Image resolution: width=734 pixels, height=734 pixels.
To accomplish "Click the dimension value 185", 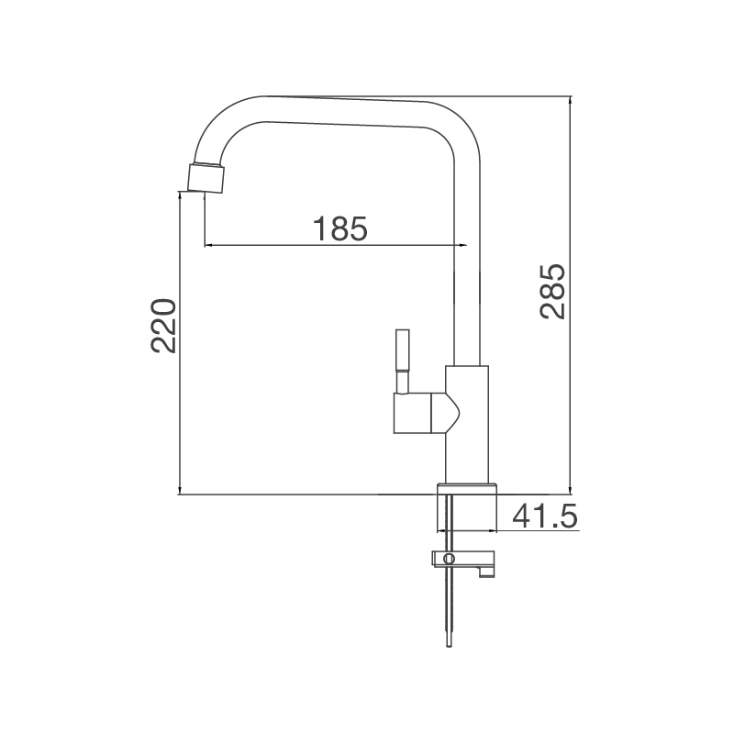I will [340, 228].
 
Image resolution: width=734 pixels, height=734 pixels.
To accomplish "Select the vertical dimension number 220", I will [163, 326].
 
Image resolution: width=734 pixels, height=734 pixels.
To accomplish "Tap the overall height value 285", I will [552, 291].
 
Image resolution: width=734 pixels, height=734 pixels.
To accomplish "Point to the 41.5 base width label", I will [544, 517].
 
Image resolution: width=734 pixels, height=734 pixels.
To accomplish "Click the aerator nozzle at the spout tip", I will [206, 178].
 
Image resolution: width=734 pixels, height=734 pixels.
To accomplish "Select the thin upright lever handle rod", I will [402, 360].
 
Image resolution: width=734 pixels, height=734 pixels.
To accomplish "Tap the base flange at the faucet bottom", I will [468, 488].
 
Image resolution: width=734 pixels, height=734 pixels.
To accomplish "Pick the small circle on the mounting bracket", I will [449, 559].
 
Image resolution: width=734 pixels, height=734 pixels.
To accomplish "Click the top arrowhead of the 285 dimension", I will [571, 100].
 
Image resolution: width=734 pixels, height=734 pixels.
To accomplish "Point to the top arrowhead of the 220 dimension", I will [179, 195].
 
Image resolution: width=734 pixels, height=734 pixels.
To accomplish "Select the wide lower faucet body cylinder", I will [467, 422].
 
